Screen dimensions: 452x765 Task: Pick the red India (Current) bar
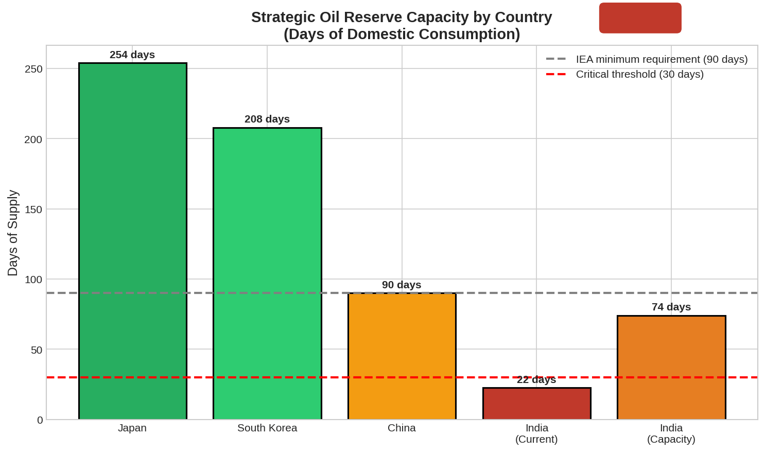[536, 404]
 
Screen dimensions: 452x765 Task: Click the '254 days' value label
[132, 55]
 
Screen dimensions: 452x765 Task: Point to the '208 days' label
[267, 119]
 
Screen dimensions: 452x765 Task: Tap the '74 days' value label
[671, 307]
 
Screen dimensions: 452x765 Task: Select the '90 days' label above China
[402, 285]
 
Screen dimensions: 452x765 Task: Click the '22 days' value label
[536, 379]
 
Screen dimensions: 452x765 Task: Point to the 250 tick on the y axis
[34, 69]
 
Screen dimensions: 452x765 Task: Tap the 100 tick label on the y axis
[34, 280]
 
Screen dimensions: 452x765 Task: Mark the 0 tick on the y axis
[40, 420]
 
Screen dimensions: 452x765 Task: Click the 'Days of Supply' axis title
[13, 233]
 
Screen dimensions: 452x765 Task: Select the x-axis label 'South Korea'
[267, 428]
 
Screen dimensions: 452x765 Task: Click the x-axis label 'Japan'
[132, 428]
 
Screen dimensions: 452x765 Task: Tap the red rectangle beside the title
[640, 18]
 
